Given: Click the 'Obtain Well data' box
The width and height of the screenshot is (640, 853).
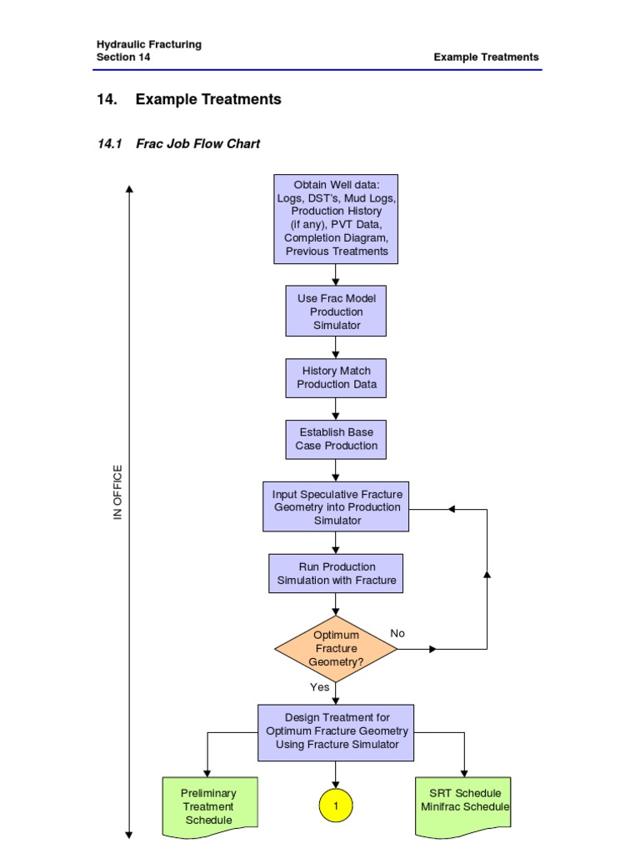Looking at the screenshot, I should (x=336, y=218).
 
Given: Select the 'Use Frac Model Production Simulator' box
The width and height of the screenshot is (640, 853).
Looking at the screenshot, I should (x=336, y=312).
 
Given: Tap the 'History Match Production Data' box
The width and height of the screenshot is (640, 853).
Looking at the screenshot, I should (x=336, y=377).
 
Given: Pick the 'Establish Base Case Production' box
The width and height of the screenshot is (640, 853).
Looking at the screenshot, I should (x=336, y=439).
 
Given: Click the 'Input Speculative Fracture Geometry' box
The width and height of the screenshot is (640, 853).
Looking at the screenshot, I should (x=336, y=506).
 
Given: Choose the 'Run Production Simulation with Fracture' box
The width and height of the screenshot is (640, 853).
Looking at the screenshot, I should (x=336, y=573).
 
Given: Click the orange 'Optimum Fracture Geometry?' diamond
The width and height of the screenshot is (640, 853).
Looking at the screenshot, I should (x=335, y=648).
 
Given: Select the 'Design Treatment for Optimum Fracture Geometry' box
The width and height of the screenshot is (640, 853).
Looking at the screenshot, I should (x=336, y=731).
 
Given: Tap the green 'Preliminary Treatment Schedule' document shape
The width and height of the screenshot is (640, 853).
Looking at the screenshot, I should (x=209, y=806).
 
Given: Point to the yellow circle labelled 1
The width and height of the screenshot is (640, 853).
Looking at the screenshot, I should (x=336, y=806).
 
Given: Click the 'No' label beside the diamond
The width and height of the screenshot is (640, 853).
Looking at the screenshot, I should (x=397, y=633).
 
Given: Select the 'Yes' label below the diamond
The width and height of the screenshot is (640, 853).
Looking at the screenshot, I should (x=320, y=687).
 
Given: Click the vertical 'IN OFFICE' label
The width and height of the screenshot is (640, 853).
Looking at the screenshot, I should (x=117, y=492).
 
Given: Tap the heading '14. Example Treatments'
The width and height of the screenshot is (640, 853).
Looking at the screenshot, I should (x=189, y=99).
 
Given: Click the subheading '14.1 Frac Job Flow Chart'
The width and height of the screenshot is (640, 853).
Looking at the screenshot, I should (x=178, y=143).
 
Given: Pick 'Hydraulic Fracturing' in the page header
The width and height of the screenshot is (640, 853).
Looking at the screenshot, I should (x=148, y=44).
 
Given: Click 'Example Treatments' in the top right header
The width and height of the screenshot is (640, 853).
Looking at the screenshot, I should (x=486, y=57).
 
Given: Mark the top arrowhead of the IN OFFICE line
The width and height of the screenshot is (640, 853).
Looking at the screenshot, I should (x=129, y=189).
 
